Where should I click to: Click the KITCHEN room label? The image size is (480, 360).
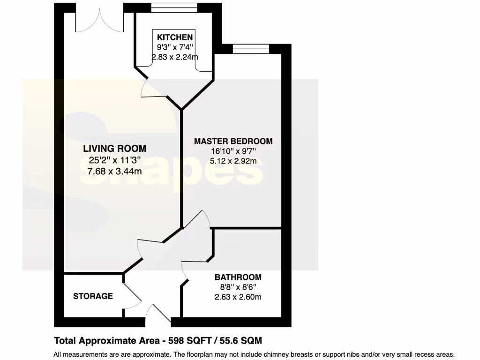175,37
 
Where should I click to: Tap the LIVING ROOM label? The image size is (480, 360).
114,149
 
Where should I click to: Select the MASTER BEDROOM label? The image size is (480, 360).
233,141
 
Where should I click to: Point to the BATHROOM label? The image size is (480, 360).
238,277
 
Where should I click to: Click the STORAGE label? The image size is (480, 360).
93,296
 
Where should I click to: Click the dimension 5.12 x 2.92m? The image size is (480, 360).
233,161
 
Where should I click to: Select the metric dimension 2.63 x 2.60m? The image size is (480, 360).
238,297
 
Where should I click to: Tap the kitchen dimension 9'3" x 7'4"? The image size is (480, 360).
175,47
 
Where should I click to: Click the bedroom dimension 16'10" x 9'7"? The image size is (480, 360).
233,151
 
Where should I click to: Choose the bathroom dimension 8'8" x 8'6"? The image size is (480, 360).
238,287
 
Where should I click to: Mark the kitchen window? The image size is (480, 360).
174,8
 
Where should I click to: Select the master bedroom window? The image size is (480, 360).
251,49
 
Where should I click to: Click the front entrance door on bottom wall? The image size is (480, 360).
157,315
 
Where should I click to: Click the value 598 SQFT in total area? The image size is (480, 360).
193,340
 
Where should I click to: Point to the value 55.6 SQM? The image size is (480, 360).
242,340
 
